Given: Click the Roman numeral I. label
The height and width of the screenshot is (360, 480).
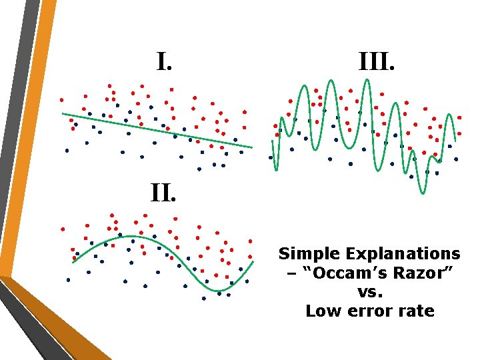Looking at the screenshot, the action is [165, 63].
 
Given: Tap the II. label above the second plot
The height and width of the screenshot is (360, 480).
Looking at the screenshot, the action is [163, 193].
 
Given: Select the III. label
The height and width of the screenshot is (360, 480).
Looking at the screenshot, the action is [377, 63].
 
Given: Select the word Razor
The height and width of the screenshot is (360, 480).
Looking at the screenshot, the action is [412, 273].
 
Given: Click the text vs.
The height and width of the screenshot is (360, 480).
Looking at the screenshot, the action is [369, 292].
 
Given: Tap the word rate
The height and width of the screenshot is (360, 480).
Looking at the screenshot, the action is [417, 311].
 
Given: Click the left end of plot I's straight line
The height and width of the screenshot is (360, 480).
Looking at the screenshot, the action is [63, 114].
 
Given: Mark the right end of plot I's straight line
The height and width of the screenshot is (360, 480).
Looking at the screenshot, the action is [252, 147].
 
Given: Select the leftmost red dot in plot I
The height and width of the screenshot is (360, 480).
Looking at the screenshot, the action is [61, 100].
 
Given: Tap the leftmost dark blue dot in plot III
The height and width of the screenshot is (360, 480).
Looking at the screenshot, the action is [270, 157].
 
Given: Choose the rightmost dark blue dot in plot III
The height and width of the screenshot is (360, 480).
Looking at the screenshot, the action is [456, 159].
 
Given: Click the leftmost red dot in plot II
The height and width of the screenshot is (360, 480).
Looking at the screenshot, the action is [63, 229].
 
